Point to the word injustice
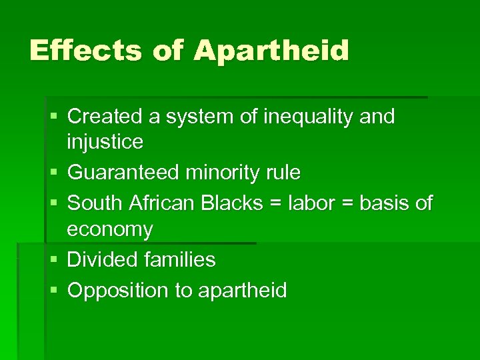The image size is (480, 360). [105, 142]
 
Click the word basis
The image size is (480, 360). [383, 203]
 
